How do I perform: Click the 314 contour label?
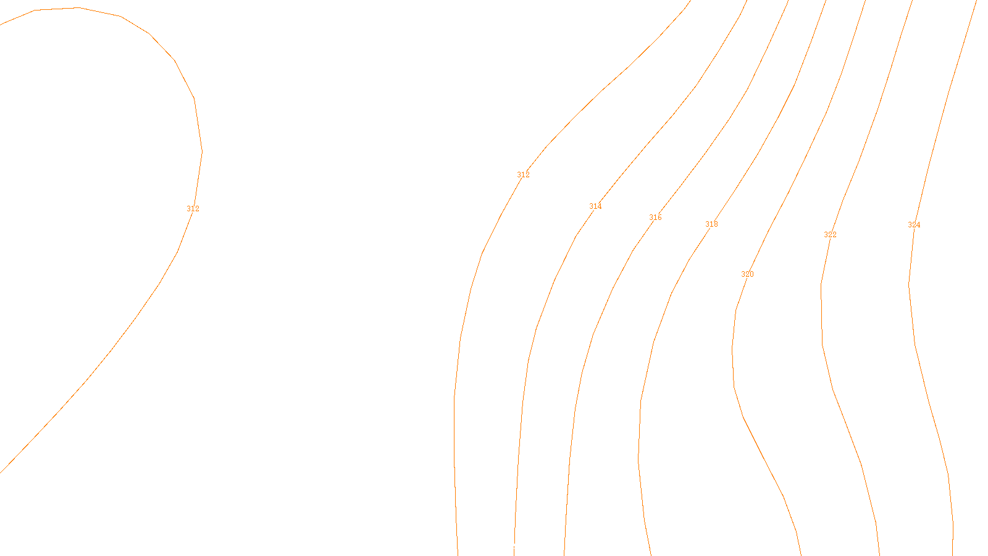click(x=595, y=206)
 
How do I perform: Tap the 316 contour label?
click(x=655, y=217)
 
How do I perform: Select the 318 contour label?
click(x=711, y=224)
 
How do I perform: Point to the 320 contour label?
click(x=747, y=274)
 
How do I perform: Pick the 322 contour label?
click(x=830, y=235)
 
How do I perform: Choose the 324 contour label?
click(x=914, y=225)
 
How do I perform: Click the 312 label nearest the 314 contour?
click(x=523, y=175)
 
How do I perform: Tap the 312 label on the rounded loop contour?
click(x=193, y=209)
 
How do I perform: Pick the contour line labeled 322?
click(x=822, y=321)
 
